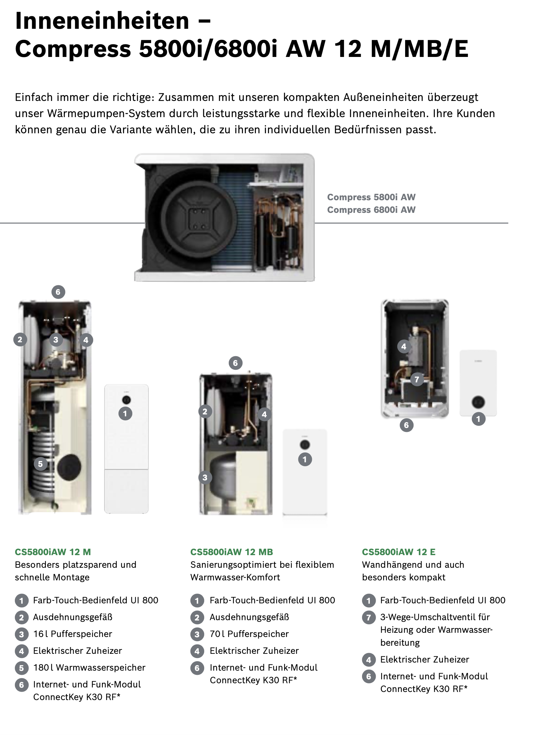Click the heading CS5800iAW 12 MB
pos(232,552)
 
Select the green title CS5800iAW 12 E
pos(399,552)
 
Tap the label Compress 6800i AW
pos(371,210)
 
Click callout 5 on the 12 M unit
pos(40,464)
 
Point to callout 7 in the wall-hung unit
pos(417,379)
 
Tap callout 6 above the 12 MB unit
pos(235,363)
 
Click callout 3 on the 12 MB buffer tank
pos(205,477)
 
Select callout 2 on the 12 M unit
pos(20,339)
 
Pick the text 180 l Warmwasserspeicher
pos(89,668)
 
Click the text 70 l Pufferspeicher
pos(249,634)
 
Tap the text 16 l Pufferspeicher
pos(73,634)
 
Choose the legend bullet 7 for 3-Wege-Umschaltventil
pos(369,618)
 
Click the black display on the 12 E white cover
pos(478,402)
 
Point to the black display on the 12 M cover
pos(127,400)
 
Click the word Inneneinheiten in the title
pos(102,21)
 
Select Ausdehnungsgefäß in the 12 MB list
pos(249,617)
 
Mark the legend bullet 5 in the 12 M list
pos(22,668)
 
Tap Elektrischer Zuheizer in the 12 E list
pos(425,659)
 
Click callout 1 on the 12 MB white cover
pos(305,459)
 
